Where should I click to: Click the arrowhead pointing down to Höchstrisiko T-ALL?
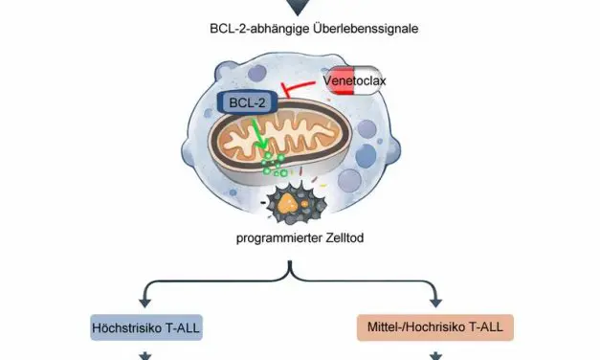(x=148, y=300)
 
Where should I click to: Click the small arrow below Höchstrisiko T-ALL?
(x=148, y=355)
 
